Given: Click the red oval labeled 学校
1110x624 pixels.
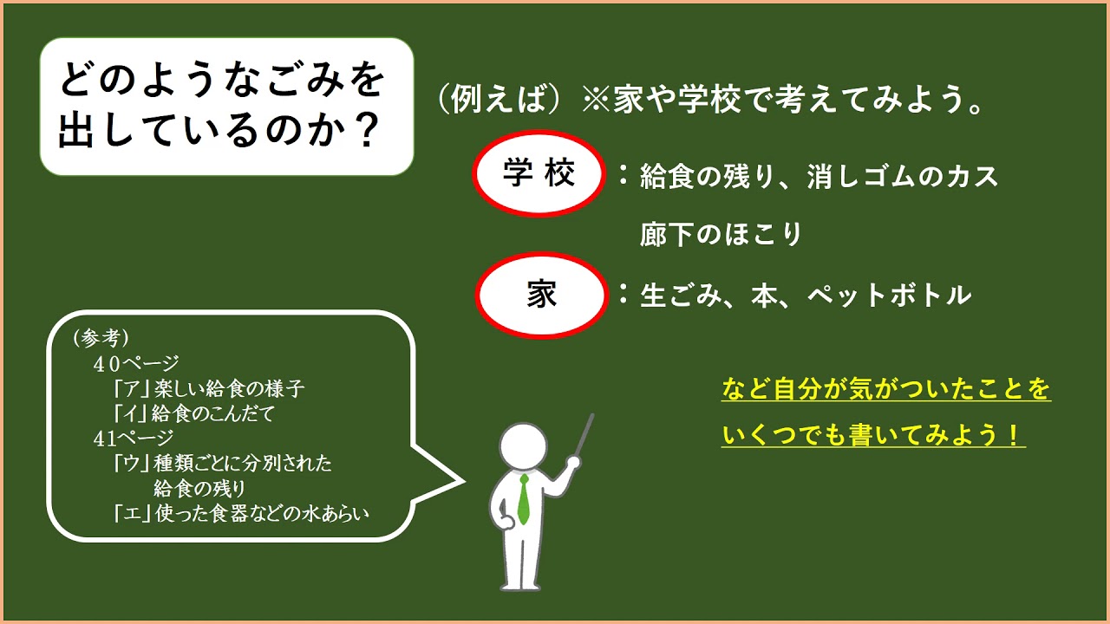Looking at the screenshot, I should [x=539, y=175].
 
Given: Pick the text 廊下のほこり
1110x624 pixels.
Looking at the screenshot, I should [x=721, y=234].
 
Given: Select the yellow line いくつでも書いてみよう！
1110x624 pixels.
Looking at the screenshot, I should [x=873, y=434].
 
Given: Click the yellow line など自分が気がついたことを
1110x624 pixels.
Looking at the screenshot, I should [x=885, y=389].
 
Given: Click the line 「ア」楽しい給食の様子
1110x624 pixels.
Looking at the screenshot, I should [x=209, y=389].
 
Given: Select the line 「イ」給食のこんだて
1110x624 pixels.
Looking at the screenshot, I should [x=193, y=414].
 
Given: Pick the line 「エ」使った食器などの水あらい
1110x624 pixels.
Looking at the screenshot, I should [x=241, y=514].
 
